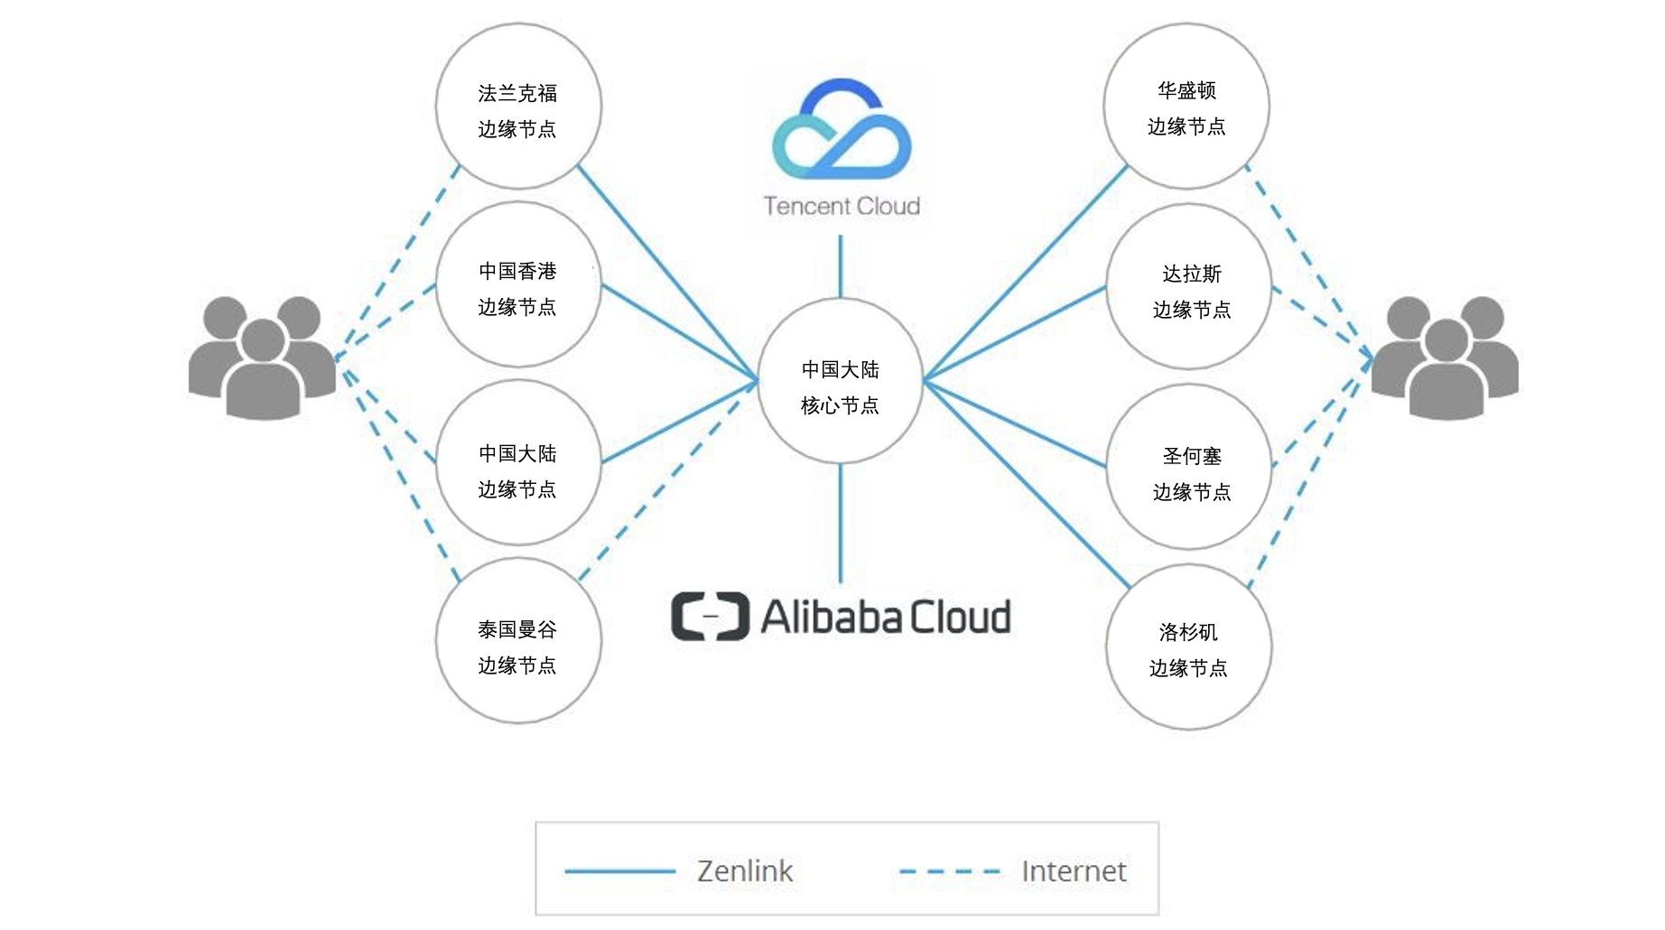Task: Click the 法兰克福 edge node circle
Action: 518,107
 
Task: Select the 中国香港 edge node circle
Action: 518,285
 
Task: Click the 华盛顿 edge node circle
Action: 1186,107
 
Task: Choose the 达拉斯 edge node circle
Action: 1189,287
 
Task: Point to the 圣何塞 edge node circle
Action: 1189,467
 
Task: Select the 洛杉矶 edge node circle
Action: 1188,647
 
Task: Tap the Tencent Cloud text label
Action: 842,207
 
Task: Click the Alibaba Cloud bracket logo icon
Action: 710,617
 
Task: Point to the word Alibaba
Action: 832,618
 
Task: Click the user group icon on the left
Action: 262,358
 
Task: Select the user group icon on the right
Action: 1445,358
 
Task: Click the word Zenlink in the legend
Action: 745,871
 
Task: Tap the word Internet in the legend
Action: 1074,871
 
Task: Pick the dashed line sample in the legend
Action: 950,871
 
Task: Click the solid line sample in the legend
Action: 619,871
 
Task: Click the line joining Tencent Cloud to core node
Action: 841,266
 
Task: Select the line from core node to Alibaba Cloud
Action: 841,524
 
